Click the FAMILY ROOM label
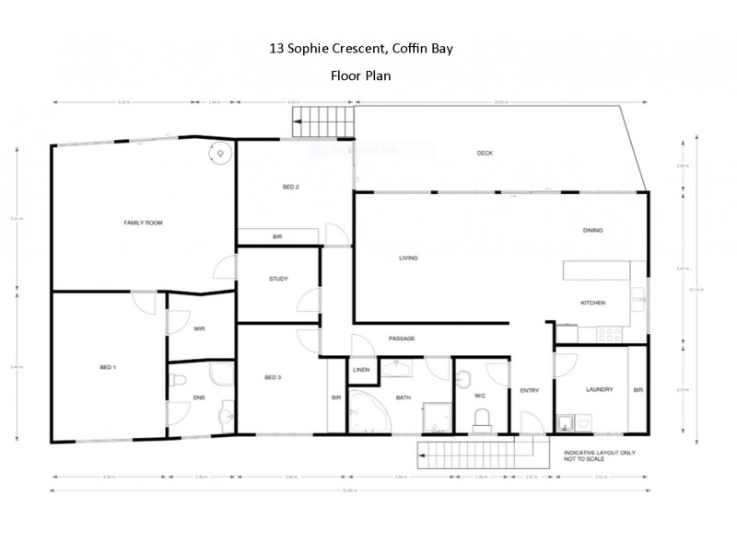click(144, 223)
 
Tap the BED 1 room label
click(108, 367)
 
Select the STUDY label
click(278, 279)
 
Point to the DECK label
click(485, 154)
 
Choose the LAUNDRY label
click(599, 389)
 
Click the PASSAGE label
click(402, 339)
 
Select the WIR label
click(199, 328)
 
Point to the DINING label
click(592, 231)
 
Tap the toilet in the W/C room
click(481, 420)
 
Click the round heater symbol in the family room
click(220, 154)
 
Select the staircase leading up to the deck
click(323, 121)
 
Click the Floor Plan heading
click(360, 76)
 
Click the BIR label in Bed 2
click(276, 237)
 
